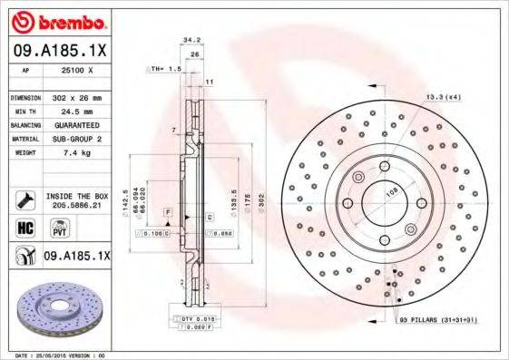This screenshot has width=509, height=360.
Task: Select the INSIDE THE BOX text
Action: pyautogui.click(x=76, y=195)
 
